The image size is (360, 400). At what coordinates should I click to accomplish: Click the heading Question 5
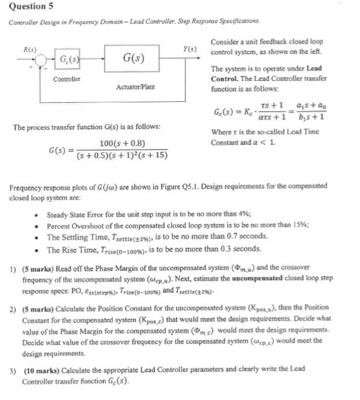pyautogui.click(x=28, y=8)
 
